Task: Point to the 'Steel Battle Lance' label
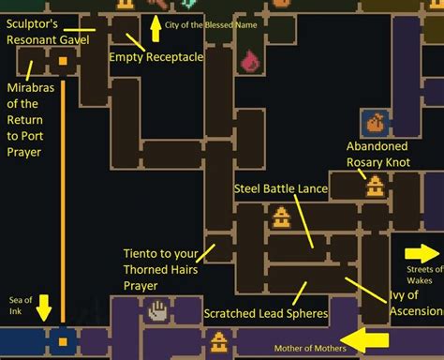pyautogui.click(x=280, y=188)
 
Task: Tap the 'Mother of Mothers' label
pyautogui.click(x=310, y=349)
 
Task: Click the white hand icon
pyautogui.click(x=158, y=307)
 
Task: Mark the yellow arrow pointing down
pyautogui.click(x=42, y=307)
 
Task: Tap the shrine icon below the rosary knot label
pyautogui.click(x=375, y=185)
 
